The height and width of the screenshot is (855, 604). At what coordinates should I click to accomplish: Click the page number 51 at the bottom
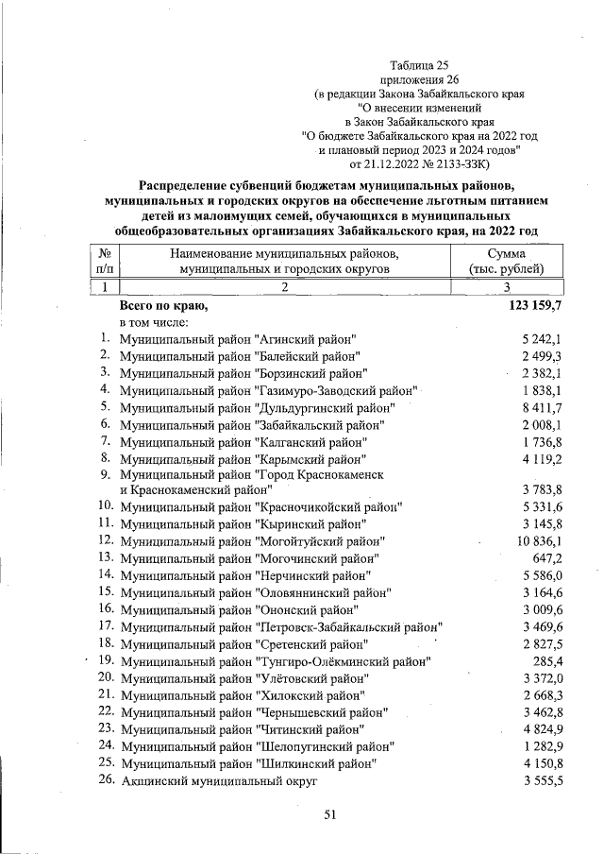pyautogui.click(x=330, y=814)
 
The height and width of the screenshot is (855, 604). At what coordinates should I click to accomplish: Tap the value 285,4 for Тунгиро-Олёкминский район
pyautogui.click(x=547, y=660)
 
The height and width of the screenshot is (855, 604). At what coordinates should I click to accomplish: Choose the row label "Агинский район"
pyautogui.click(x=238, y=339)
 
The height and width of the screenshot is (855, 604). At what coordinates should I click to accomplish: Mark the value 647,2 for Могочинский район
pyautogui.click(x=547, y=558)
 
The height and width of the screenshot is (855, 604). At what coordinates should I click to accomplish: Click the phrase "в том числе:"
pyautogui.click(x=157, y=323)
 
